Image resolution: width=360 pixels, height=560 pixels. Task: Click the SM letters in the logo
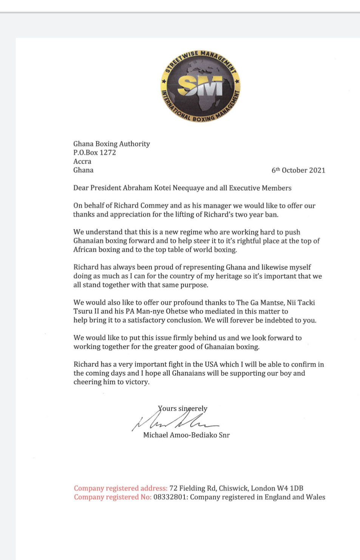[200, 86]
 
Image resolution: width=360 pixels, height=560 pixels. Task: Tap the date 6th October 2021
[298, 170]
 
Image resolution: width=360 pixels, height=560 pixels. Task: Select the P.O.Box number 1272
[108, 153]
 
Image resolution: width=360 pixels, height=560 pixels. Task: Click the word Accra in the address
[82, 161]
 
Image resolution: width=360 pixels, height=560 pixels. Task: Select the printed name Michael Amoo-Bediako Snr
[186, 435]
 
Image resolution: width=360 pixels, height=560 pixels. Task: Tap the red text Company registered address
[121, 488]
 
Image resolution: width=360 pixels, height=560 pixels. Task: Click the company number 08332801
[170, 497]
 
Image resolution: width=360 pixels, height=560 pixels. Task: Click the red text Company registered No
[113, 497]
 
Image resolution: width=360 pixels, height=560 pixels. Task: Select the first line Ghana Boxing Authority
[111, 144]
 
